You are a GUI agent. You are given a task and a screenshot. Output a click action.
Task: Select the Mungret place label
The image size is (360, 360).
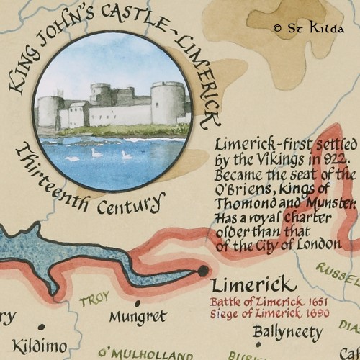point(138,316)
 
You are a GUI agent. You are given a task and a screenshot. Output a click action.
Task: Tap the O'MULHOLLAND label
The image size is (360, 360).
point(145,354)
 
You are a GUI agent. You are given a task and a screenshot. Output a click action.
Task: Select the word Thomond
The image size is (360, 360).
point(242,202)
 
